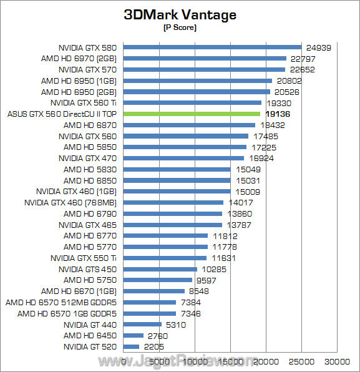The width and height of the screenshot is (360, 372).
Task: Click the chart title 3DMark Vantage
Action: [x=180, y=14]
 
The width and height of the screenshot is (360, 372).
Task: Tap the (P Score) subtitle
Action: [x=180, y=28]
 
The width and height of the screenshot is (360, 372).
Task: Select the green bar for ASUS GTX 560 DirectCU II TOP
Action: [x=192, y=114]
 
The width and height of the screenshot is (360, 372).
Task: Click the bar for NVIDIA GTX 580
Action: [x=213, y=47]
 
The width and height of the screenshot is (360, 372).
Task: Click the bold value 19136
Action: [x=278, y=114]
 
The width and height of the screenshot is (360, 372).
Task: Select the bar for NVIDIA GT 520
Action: [x=132, y=346]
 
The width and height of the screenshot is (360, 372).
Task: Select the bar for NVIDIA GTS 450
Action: [x=161, y=269]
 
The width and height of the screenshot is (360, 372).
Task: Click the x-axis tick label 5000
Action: [x=160, y=361]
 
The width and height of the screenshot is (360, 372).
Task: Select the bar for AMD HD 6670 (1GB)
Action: [x=155, y=291]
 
